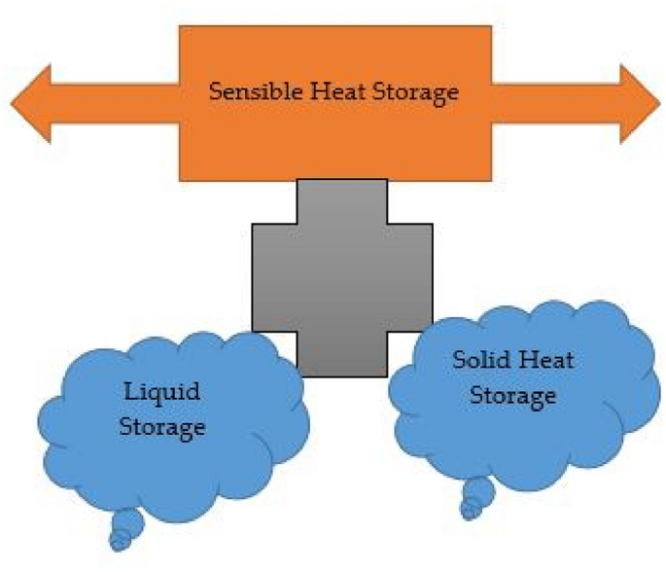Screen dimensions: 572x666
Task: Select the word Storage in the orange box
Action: pos(407,93)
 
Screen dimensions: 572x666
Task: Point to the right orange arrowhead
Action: pos(636,102)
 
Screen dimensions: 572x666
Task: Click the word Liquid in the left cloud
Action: pos(161,393)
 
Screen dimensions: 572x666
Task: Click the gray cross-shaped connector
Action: pos(341,277)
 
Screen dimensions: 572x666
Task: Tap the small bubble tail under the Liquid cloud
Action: pos(124,530)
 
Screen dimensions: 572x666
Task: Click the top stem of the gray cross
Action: pos(341,202)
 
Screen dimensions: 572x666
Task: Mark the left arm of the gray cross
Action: pos(274,277)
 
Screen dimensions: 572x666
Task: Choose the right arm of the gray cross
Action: pos(409,277)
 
